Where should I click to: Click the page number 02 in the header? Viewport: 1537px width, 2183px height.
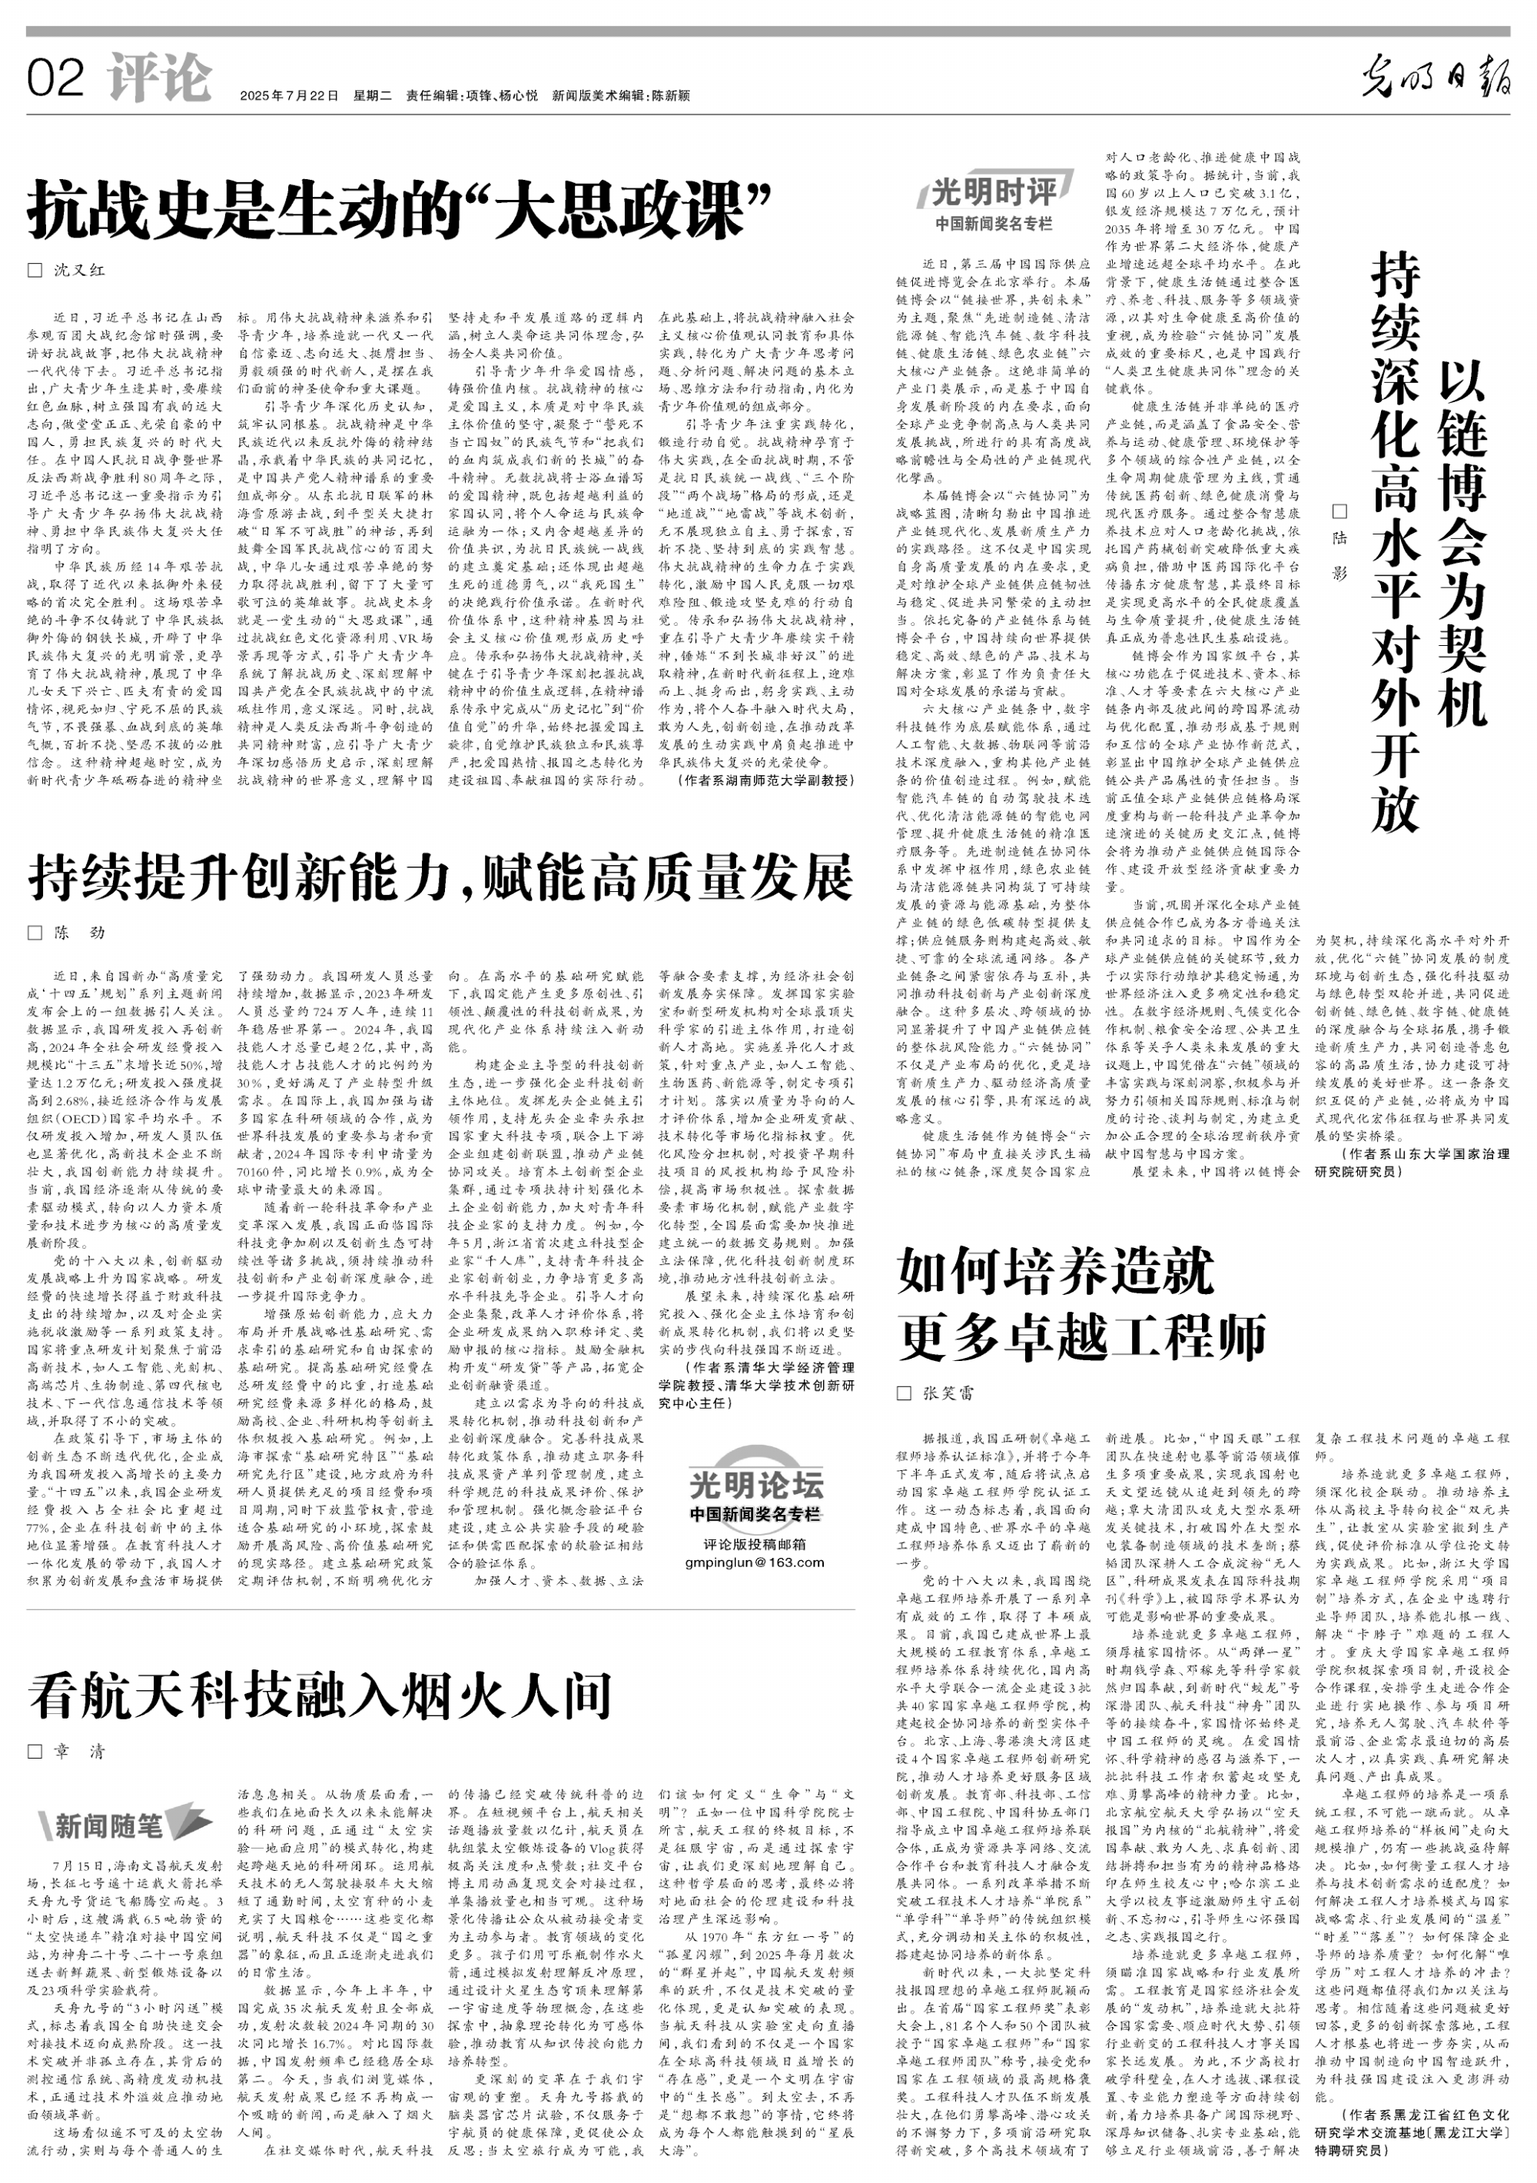point(56,78)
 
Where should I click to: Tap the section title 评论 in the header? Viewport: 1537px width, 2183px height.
point(159,78)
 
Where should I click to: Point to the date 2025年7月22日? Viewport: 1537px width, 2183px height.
point(289,95)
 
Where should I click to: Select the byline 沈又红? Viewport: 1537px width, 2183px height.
point(79,270)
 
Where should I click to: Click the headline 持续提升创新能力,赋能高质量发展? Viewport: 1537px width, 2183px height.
point(440,877)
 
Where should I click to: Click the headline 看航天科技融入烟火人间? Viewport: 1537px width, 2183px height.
point(320,1697)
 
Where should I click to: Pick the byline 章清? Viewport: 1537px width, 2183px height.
point(79,1752)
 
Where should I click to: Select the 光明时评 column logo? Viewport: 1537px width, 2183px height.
point(994,193)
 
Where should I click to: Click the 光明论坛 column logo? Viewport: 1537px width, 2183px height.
point(757,1485)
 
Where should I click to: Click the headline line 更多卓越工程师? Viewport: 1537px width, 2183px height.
point(1082,1338)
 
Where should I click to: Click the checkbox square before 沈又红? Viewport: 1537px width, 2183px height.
point(35,270)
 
